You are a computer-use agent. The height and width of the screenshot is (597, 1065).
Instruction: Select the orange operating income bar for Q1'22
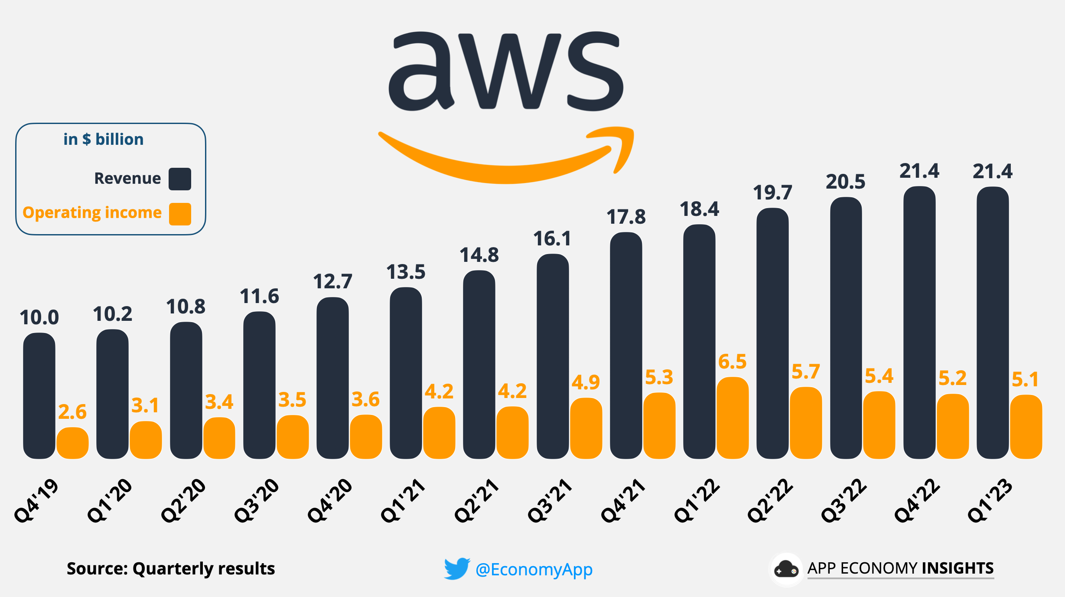[733, 418]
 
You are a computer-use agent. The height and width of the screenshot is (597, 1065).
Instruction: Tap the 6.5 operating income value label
[732, 362]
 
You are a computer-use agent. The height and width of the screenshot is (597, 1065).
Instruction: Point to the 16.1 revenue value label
[552, 239]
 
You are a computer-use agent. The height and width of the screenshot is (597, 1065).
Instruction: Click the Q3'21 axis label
[550, 500]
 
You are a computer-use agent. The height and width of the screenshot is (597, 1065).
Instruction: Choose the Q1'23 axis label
[990, 500]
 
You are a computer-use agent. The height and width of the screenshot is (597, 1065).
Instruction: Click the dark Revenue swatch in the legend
[180, 179]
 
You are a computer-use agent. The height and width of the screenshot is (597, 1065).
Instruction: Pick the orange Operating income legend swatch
[180, 214]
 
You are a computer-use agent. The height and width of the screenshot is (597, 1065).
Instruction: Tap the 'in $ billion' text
[103, 140]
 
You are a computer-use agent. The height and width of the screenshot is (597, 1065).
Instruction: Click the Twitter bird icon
[457, 568]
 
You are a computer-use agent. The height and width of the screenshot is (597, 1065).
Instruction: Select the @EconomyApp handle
[534, 569]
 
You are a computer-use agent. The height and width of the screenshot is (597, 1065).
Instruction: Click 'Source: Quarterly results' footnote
[171, 568]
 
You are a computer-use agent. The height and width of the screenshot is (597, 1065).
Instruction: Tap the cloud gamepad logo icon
[786, 569]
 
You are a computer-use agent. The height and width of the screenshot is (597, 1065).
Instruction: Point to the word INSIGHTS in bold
[958, 568]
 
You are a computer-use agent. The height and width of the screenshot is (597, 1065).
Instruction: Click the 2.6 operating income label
[72, 412]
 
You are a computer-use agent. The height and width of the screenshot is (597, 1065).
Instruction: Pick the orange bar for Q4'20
[366, 437]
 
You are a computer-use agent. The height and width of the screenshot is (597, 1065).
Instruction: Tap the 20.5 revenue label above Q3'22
[845, 182]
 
